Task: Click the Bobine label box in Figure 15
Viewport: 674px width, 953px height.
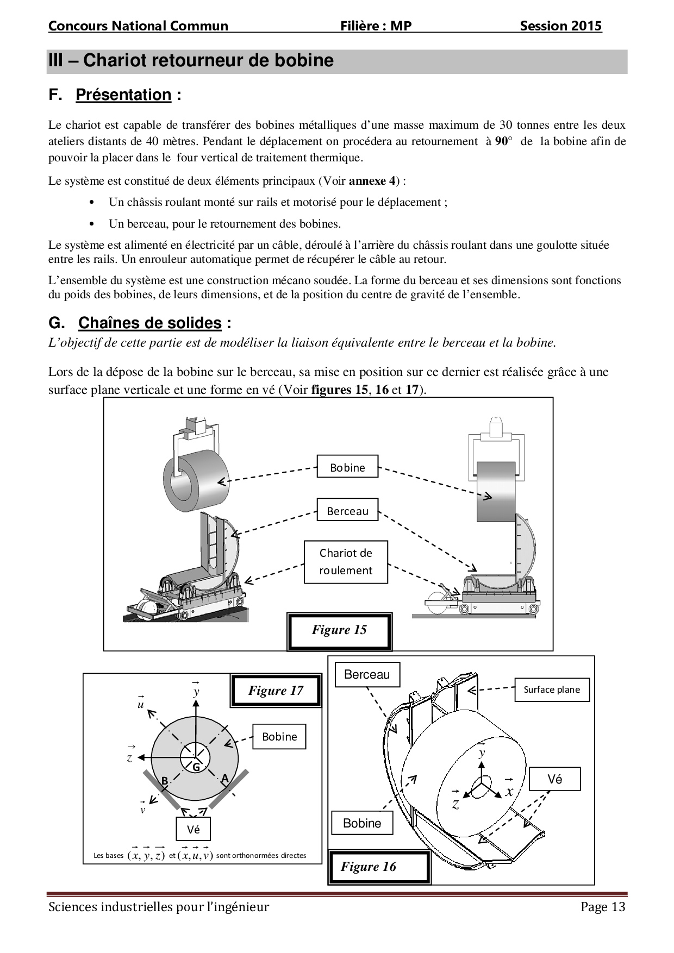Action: pos(347,467)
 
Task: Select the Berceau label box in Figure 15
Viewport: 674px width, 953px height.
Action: pos(347,510)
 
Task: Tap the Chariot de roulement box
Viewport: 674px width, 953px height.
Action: pos(346,562)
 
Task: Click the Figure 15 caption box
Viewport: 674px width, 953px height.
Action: pos(339,630)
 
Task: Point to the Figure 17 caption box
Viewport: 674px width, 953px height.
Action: pos(276,691)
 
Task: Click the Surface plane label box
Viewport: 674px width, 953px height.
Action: pos(552,689)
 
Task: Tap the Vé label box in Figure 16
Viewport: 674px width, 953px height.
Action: pos(555,779)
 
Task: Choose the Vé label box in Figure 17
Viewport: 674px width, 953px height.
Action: pos(193,829)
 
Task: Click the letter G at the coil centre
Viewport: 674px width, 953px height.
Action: pos(196,767)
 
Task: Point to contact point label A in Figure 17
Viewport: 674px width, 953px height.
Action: pos(224,779)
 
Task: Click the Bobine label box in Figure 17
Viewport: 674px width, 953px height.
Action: pos(279,737)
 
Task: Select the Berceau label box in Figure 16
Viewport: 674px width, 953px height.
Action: pos(367,675)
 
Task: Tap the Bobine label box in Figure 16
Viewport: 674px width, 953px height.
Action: pos(362,823)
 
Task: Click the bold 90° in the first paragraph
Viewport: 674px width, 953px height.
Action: pos(504,141)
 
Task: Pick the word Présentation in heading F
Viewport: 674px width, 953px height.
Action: pos(123,95)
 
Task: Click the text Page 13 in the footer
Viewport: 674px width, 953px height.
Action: pos(603,907)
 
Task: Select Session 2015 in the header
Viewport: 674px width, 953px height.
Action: pos(560,26)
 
